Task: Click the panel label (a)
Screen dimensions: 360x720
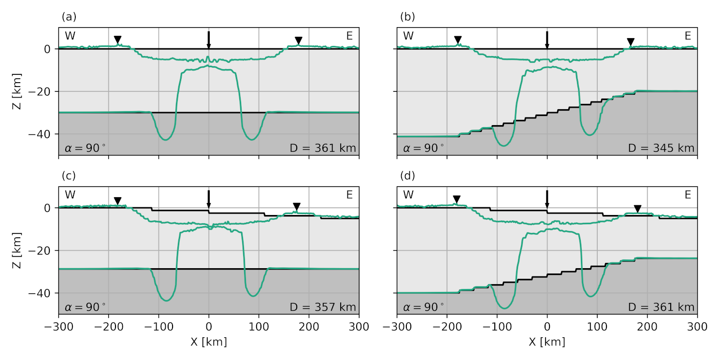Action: pos(69,17)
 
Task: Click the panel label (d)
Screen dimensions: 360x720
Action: pos(407,176)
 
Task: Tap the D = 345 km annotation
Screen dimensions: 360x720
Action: pos(661,148)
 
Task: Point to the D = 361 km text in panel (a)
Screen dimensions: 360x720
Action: pos(323,148)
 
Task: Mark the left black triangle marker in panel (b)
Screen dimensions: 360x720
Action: pos(458,40)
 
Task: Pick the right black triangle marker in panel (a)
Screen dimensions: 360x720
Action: pos(299,40)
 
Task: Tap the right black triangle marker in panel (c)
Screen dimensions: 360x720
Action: pos(297,206)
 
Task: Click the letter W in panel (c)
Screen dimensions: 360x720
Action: pos(70,195)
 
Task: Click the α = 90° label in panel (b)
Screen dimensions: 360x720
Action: pos(423,148)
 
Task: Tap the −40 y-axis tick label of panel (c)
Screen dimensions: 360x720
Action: pos(44,293)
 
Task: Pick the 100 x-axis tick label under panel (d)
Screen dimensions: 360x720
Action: pos(597,327)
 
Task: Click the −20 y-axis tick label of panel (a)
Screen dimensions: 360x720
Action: pos(44,92)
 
